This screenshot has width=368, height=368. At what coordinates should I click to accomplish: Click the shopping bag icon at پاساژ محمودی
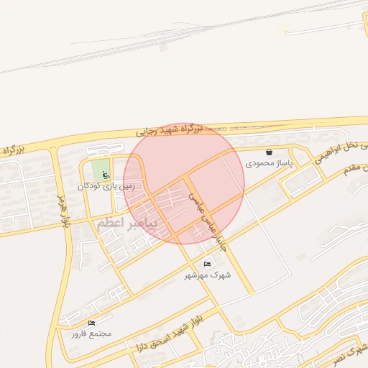click(x=269, y=152)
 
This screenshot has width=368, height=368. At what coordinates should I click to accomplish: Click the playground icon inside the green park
click(x=105, y=174)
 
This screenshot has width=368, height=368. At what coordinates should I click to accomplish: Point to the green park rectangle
click(x=100, y=171)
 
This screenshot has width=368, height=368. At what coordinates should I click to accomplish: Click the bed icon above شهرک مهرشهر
click(x=208, y=264)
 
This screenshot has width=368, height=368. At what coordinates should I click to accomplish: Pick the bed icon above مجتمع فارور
click(x=91, y=323)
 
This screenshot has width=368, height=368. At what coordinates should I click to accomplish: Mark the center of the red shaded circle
click(x=184, y=183)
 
